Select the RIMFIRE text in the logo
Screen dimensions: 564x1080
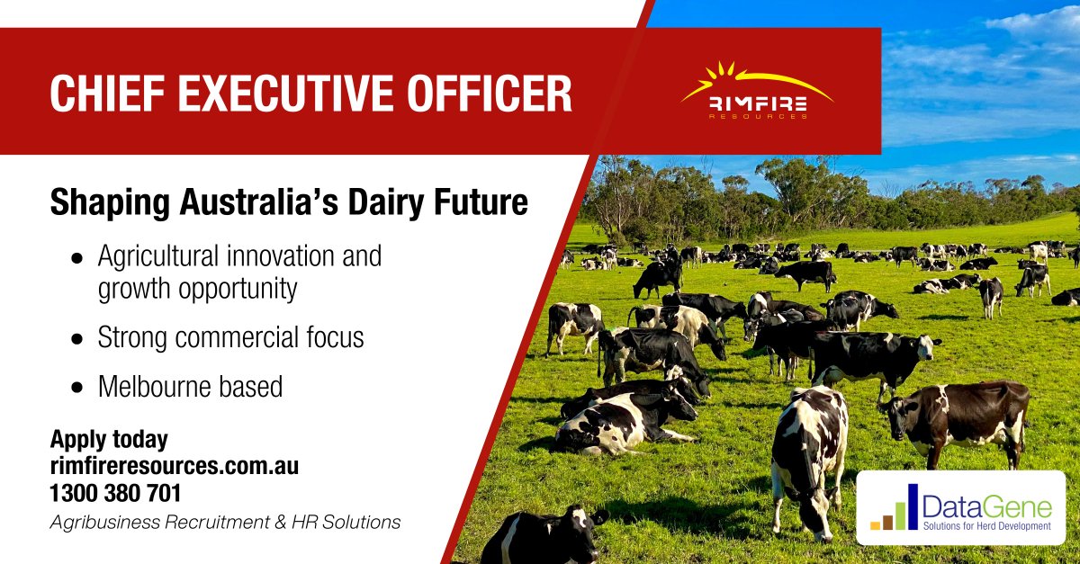757,105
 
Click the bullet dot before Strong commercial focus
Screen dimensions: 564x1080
77,339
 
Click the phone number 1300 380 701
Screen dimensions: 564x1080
115,493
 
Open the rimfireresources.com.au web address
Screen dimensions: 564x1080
174,467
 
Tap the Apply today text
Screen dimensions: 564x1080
109,440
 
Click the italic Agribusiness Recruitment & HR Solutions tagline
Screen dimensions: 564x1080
225,522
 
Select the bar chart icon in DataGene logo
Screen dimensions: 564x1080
895,509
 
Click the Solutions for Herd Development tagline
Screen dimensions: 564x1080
986,525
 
